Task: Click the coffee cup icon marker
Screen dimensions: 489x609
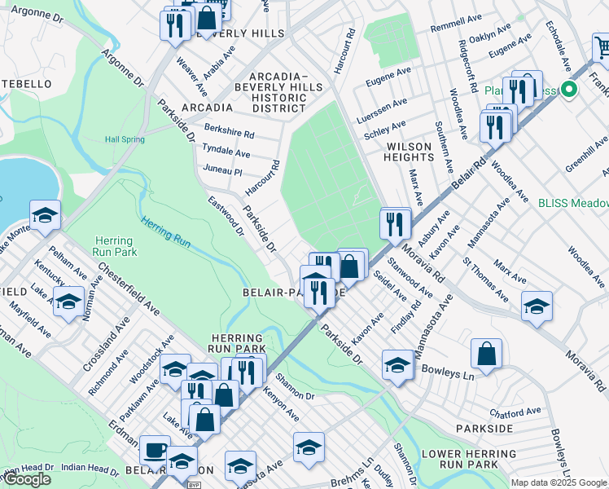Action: point(155,449)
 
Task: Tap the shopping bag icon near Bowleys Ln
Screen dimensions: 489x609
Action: point(486,354)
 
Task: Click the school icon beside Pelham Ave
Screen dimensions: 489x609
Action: point(45,215)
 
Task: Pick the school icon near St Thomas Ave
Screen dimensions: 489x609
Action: point(537,306)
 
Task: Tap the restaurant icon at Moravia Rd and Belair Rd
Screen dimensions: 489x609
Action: point(395,222)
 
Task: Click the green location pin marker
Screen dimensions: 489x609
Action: point(570,90)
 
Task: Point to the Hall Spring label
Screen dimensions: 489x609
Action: point(125,139)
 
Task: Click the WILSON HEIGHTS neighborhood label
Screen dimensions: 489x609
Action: point(409,152)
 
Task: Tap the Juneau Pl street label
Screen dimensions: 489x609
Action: point(226,171)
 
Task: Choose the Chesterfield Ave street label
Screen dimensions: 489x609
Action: point(129,289)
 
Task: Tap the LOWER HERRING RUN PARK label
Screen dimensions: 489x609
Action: point(459,458)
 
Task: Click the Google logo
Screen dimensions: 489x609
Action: point(27,479)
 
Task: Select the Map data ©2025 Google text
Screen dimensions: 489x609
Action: point(559,482)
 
